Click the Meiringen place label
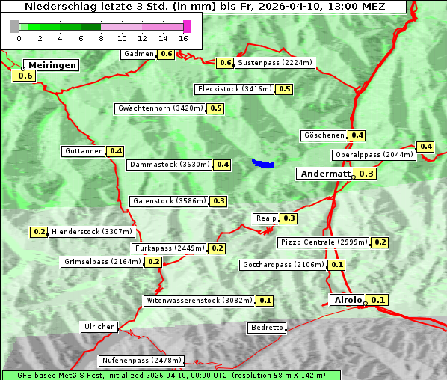click(x=52, y=65)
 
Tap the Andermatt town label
click(x=324, y=174)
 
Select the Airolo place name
click(x=348, y=300)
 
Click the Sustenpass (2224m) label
click(x=275, y=63)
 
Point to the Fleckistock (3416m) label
click(x=234, y=89)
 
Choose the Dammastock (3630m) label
click(x=169, y=164)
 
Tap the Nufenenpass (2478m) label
click(x=141, y=361)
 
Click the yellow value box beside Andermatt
click(x=366, y=174)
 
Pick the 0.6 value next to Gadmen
click(x=166, y=54)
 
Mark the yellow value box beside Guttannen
click(x=116, y=151)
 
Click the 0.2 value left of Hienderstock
click(x=39, y=232)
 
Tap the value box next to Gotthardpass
click(x=337, y=265)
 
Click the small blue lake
click(x=263, y=162)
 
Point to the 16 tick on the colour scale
click(x=184, y=38)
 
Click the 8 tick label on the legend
click(x=101, y=38)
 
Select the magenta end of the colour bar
click(x=187, y=26)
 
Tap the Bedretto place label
click(x=267, y=328)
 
